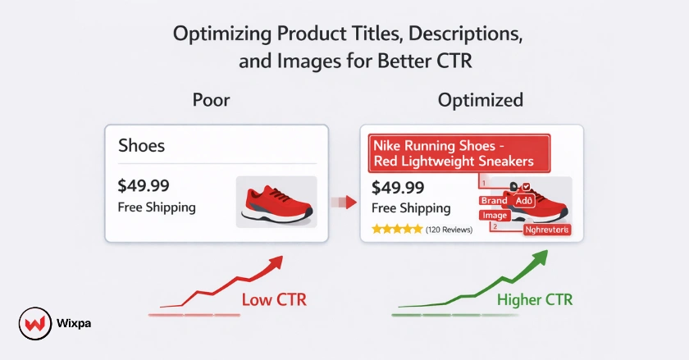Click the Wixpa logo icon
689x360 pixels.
coord(31,322)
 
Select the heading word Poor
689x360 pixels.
coord(211,101)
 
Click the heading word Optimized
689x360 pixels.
coord(481,101)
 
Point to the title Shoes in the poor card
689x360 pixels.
coord(141,146)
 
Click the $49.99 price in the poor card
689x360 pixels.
coord(145,186)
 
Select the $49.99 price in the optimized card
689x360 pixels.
coord(398,188)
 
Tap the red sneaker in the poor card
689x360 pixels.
coord(276,203)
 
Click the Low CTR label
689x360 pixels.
coord(274,300)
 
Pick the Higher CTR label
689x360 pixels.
coord(535,300)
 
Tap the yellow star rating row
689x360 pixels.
coord(397,230)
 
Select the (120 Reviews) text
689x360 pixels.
coord(449,230)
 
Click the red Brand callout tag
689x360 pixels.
coord(495,201)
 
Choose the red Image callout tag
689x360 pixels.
coord(495,215)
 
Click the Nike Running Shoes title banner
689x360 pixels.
coord(453,153)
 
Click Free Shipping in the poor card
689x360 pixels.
coord(157,207)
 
